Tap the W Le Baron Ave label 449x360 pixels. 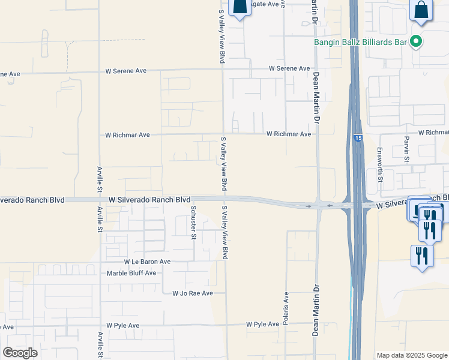coord(148,262)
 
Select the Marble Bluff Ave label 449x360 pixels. coord(131,273)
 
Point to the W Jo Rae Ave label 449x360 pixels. coord(193,293)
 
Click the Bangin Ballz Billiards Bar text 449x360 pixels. coord(361,42)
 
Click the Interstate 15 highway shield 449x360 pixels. coord(358,139)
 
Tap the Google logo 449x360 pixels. coord(20,352)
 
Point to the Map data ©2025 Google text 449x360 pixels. coord(411,355)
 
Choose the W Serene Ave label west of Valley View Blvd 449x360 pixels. coord(126,71)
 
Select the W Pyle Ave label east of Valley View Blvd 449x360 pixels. coord(262,324)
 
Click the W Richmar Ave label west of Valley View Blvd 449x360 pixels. coord(128,135)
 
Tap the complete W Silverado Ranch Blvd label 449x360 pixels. coord(149,199)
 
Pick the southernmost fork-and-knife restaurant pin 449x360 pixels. coord(422,256)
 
